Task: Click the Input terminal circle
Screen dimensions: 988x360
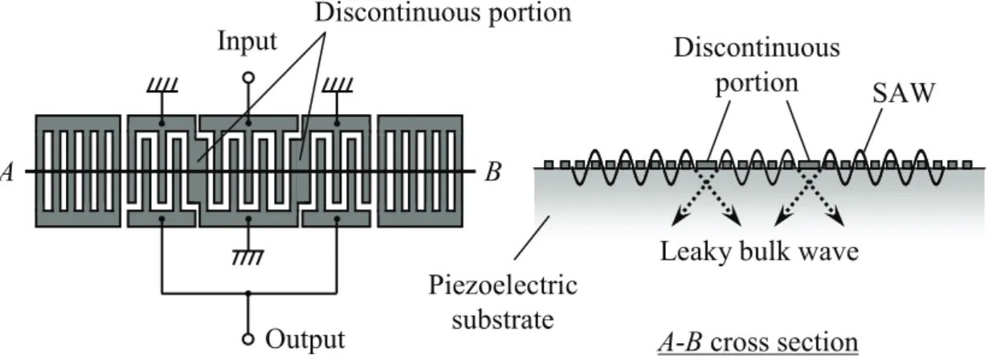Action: point(248,78)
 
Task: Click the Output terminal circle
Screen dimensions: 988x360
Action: point(248,339)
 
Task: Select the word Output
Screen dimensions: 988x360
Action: point(304,340)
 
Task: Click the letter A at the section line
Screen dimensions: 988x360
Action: point(7,172)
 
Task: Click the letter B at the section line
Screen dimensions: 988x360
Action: point(493,172)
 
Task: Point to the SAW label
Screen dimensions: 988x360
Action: point(904,93)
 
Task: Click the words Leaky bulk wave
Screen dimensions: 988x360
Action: point(759,252)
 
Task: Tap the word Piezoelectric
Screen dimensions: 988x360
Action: point(503,286)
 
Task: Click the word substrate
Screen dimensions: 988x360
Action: point(502,319)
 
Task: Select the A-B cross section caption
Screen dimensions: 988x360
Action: point(758,342)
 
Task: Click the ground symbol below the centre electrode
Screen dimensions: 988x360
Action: point(248,257)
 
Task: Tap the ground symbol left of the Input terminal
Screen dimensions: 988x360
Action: point(162,84)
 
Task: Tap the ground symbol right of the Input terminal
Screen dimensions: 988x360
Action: point(337,84)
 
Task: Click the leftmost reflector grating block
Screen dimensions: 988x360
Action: point(78,171)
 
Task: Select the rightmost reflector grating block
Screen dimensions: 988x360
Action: point(420,171)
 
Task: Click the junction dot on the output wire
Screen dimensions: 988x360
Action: point(248,293)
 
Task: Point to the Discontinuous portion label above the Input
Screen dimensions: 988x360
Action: point(443,12)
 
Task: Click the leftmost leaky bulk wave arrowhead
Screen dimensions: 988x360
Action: point(680,219)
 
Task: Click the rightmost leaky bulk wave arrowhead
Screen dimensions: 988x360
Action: point(837,219)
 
